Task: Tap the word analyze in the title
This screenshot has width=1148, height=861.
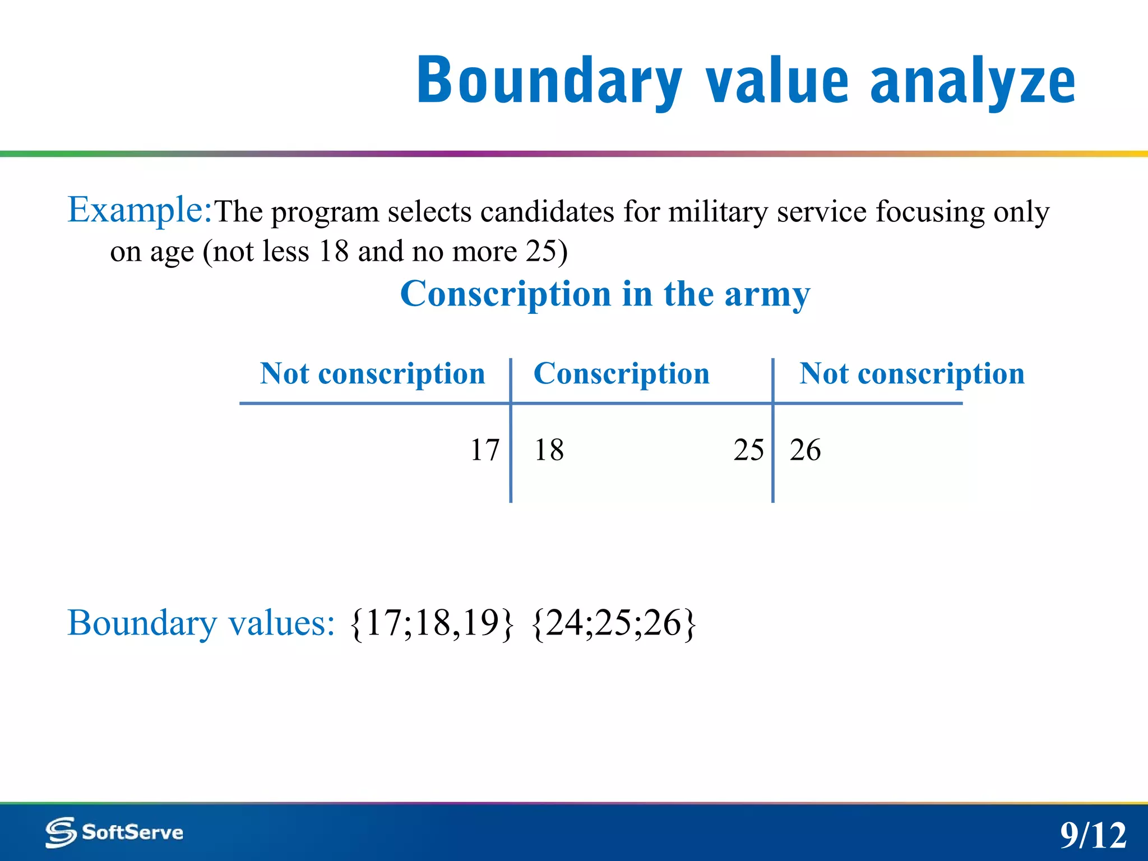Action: [973, 81]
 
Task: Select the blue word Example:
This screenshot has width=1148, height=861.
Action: [140, 210]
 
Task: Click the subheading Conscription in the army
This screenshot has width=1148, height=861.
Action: [605, 294]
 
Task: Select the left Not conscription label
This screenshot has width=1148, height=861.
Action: [372, 374]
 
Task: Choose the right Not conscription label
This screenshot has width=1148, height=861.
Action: [912, 374]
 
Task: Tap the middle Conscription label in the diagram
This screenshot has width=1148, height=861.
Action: [621, 374]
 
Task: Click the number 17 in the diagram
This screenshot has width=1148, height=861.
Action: [484, 450]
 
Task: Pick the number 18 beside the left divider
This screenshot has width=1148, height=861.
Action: [549, 450]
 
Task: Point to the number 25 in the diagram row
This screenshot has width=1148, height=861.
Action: [748, 450]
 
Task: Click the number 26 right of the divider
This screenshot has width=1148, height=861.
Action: [805, 450]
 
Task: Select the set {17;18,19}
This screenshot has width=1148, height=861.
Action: [431, 623]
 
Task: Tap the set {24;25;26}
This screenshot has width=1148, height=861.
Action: [614, 623]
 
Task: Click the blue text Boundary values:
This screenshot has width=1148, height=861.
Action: [201, 623]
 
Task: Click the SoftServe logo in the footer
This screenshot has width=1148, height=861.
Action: [114, 832]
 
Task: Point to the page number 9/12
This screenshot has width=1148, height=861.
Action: [1093, 835]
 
